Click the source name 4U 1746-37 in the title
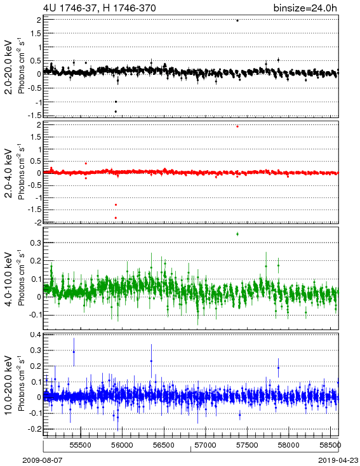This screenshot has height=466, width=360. click(x=70, y=8)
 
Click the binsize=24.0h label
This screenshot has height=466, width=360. click(x=305, y=8)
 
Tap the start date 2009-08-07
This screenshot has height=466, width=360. click(x=43, y=460)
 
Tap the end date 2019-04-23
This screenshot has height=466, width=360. click(x=338, y=460)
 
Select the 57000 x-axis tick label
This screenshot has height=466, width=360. click(x=206, y=445)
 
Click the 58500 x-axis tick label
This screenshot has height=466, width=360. click(x=331, y=445)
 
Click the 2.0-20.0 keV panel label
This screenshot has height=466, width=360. click(x=9, y=67)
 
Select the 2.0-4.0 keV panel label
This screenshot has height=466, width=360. click(x=9, y=173)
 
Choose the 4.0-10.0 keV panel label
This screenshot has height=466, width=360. click(x=9, y=279)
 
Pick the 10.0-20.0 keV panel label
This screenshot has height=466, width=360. click(x=9, y=385)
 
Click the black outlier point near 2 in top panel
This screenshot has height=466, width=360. click(x=237, y=20)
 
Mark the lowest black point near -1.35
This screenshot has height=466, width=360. click(x=116, y=112)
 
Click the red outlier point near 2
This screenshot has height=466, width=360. click(x=237, y=126)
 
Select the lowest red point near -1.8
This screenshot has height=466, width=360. click(x=116, y=218)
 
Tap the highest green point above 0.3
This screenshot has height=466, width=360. click(x=237, y=234)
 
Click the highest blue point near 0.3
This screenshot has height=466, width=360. click(x=74, y=352)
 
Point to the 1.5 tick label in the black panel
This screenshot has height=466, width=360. click(x=35, y=34)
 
